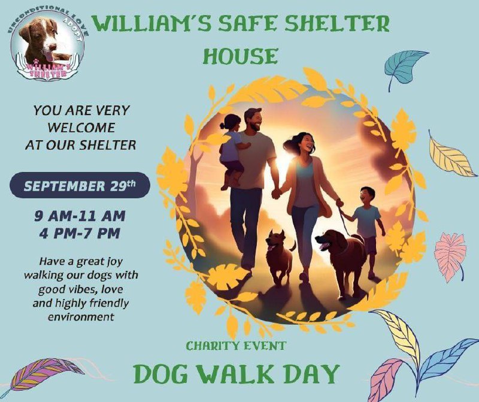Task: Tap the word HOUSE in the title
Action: (241, 56)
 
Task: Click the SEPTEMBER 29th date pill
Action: (80, 185)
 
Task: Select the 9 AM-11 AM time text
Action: (80, 216)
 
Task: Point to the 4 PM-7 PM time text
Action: (80, 234)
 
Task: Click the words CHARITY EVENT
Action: (236, 346)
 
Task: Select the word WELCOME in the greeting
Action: (81, 128)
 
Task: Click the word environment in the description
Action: (81, 317)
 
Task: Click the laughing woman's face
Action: (307, 143)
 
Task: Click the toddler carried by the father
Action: (231, 150)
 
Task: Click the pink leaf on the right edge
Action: (450, 255)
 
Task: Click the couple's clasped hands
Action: (277, 194)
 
